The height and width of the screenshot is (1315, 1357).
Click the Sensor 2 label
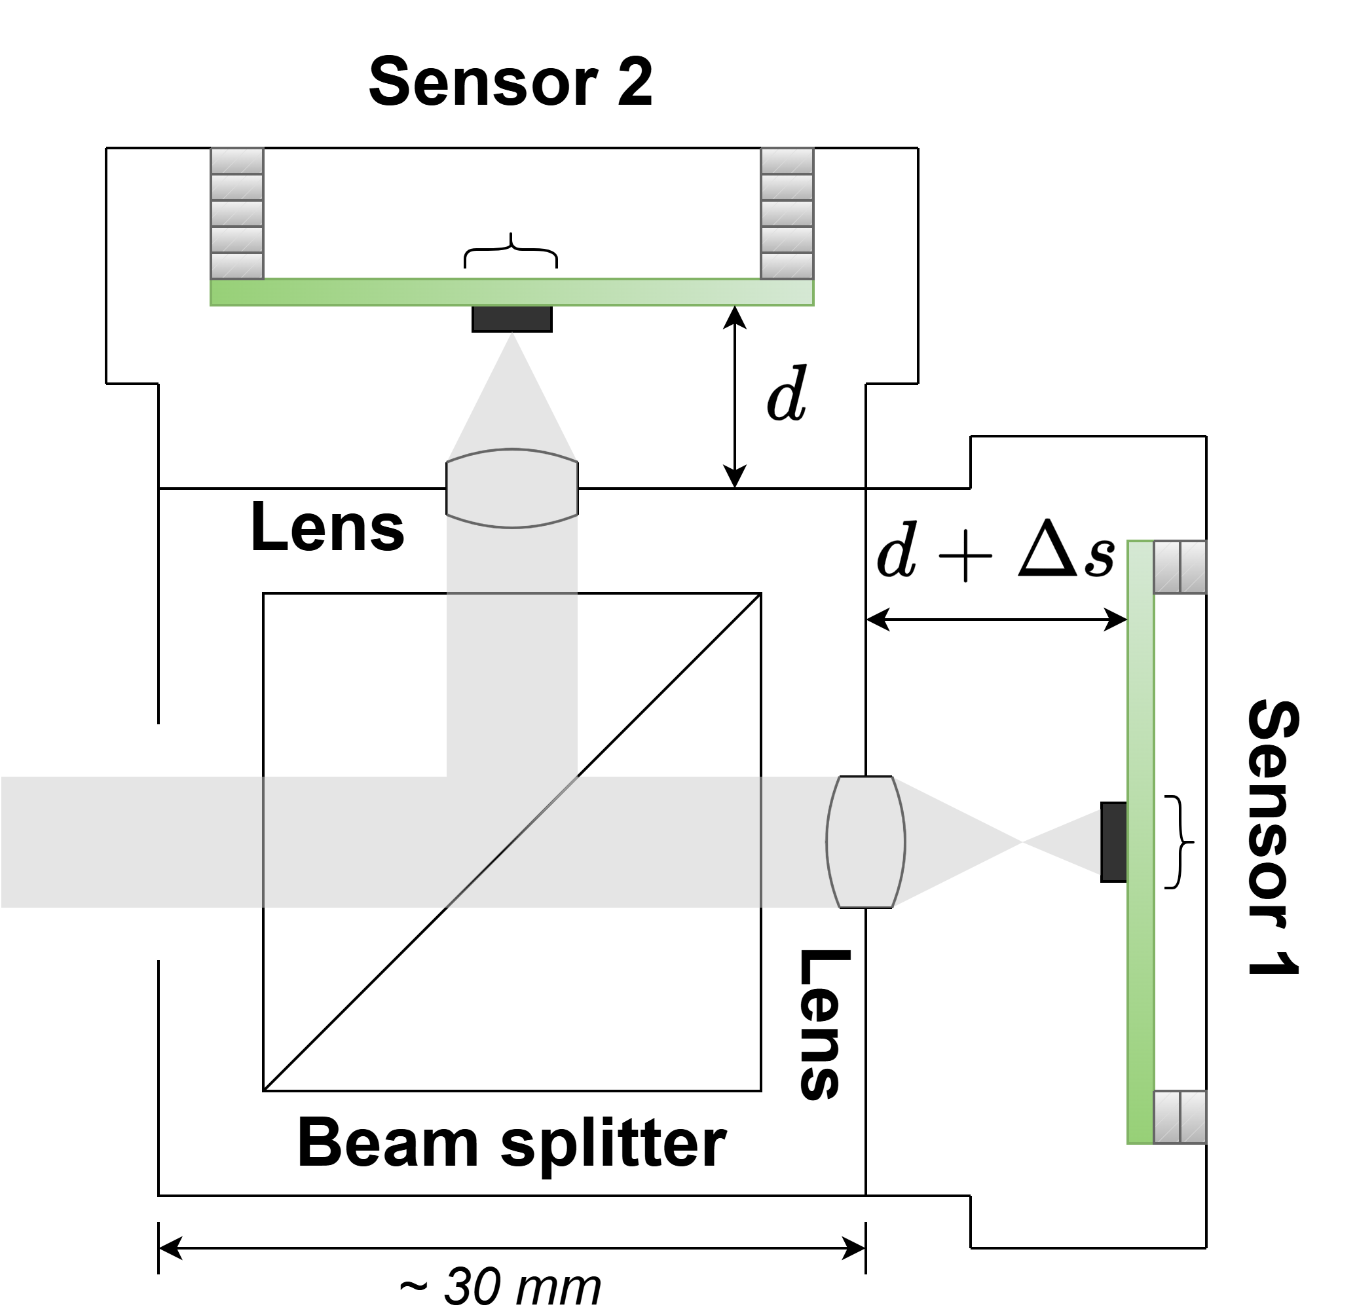tap(510, 82)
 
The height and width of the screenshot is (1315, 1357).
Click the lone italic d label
tap(787, 395)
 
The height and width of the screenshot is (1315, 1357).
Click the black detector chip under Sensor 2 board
tap(511, 318)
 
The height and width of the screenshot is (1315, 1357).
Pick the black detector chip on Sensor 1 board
tap(1113, 842)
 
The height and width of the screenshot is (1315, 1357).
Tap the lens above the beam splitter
tap(511, 488)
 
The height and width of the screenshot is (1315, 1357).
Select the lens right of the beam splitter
tap(865, 842)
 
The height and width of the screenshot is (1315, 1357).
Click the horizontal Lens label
tap(327, 528)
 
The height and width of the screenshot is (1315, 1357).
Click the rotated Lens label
tap(823, 1025)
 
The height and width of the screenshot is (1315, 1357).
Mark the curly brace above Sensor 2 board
tap(510, 251)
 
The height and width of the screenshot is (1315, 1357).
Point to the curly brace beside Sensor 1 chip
tap(1179, 842)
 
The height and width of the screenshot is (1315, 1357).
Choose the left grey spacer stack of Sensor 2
tap(237, 213)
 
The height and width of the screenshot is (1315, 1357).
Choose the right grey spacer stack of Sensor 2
tap(787, 213)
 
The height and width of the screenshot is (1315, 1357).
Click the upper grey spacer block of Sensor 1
tap(1180, 567)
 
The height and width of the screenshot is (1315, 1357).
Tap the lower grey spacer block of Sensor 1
tap(1180, 1117)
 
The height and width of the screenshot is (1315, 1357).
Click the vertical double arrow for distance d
tap(735, 397)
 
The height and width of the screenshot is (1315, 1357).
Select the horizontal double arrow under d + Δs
tap(996, 619)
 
